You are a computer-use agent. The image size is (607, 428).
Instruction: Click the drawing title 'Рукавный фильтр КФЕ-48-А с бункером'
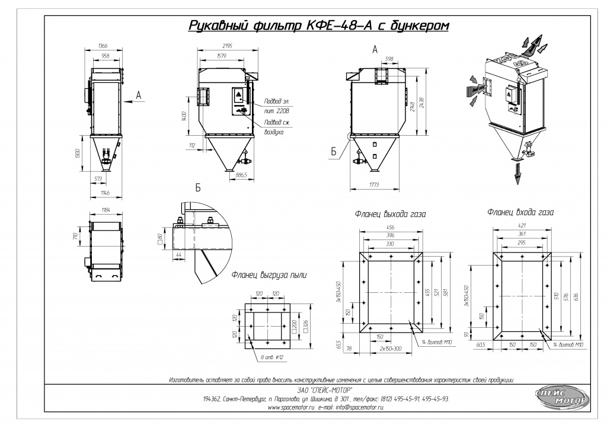pyautogui.click(x=318, y=26)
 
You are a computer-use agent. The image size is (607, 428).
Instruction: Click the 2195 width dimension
pyautogui.click(x=222, y=46)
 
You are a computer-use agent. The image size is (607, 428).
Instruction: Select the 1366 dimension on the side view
pyautogui.click(x=103, y=46)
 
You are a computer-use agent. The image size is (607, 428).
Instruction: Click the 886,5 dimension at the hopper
pyautogui.click(x=241, y=175)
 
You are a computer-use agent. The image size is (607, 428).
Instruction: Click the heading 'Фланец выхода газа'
pyautogui.click(x=391, y=214)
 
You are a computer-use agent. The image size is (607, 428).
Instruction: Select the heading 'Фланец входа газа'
pyautogui.click(x=520, y=211)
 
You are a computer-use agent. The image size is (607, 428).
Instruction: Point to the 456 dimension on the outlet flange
pyautogui.click(x=391, y=227)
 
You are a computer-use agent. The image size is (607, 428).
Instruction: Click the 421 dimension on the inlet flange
pyautogui.click(x=522, y=226)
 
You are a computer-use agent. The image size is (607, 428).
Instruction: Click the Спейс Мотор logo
pyautogui.click(x=561, y=397)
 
